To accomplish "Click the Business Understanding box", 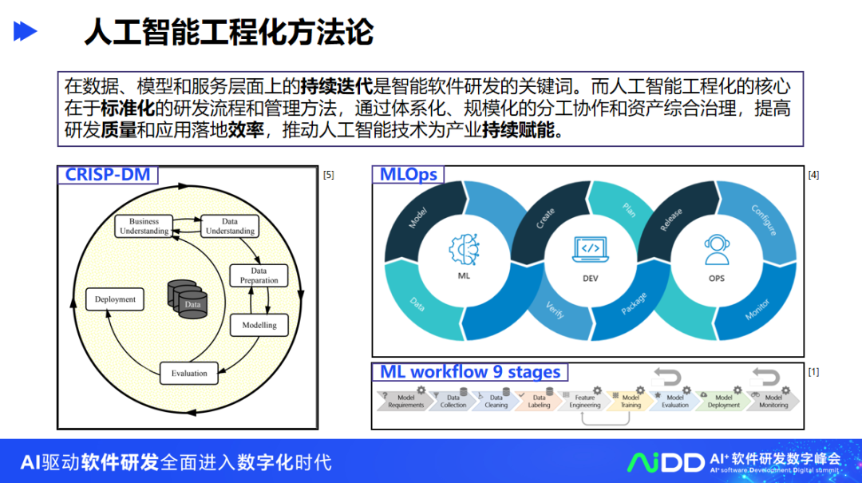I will (x=144, y=226).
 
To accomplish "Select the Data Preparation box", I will (x=259, y=275).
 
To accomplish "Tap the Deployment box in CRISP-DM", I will (x=115, y=299).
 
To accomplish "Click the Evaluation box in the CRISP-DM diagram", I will (x=189, y=373).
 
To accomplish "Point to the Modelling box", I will (x=259, y=325).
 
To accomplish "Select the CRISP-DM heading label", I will (x=107, y=174).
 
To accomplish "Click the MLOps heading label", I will (x=408, y=174).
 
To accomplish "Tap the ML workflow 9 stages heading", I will (x=469, y=372).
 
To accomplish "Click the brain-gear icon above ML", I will (x=463, y=248).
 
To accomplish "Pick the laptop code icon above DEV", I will (x=590, y=248).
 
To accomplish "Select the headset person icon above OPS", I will (x=716, y=249).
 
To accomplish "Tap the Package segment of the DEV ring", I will (x=634, y=308).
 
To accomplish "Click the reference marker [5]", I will (x=328, y=175).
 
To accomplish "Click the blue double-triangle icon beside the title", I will (x=26, y=32).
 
